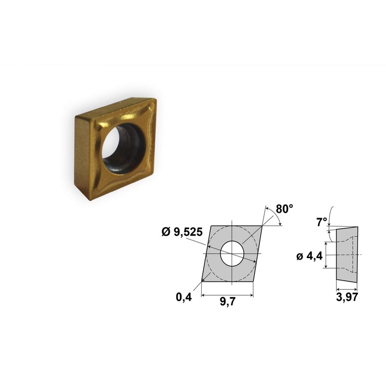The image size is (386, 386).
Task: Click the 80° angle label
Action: tap(284, 209)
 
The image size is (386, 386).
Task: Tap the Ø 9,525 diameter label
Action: tap(182, 232)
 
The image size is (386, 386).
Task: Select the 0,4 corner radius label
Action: tap(184, 297)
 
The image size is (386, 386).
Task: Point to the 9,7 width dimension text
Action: tap(228, 302)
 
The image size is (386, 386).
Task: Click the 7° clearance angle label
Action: tap(321, 222)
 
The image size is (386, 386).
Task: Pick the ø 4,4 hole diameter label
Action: tap(309, 257)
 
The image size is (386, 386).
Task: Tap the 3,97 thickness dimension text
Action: tap(347, 297)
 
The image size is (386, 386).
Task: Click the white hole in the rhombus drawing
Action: tap(232, 253)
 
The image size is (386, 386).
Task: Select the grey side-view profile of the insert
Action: tap(347, 255)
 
